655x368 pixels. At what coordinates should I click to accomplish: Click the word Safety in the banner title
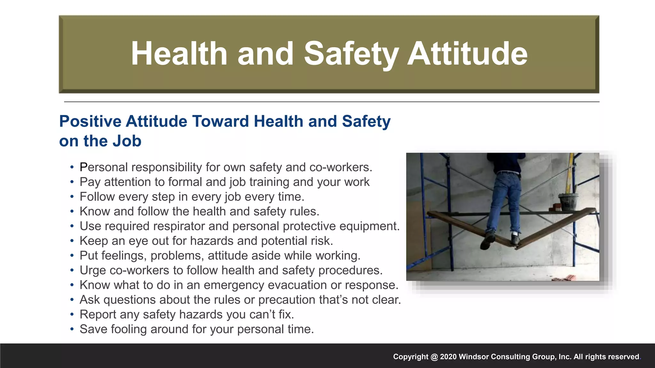click(351, 54)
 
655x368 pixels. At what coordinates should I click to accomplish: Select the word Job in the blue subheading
click(128, 141)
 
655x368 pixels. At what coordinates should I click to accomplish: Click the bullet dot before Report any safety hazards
click(72, 315)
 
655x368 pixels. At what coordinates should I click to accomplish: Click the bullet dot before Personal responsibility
click(72, 167)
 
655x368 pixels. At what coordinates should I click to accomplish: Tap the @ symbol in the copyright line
click(434, 357)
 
